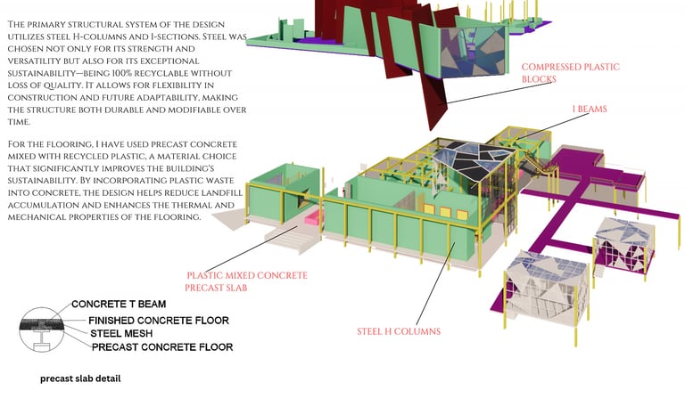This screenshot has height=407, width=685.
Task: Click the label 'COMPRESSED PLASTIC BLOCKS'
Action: pyautogui.click(x=570, y=73)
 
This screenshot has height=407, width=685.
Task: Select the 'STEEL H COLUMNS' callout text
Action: pyautogui.click(x=399, y=331)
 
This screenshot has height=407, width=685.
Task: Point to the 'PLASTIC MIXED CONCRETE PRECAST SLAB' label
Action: pyautogui.click(x=246, y=281)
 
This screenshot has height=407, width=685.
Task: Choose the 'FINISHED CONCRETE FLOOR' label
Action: pyautogui.click(x=158, y=320)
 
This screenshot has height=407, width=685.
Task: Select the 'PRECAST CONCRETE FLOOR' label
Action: pyautogui.click(x=161, y=347)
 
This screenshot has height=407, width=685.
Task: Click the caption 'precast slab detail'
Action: pyautogui.click(x=80, y=379)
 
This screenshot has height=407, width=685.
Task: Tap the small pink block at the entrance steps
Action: pyautogui.click(x=310, y=217)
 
